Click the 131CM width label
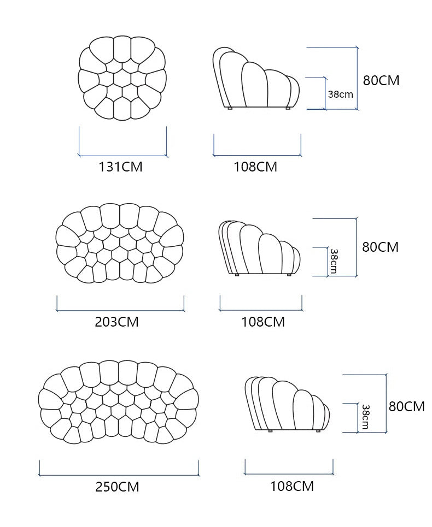point(120,167)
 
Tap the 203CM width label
point(116,322)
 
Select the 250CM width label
point(117,486)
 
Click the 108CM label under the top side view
point(255,167)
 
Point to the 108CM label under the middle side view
point(263,322)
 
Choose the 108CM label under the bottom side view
point(292,485)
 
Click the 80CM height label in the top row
point(381,80)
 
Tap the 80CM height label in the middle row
point(381,246)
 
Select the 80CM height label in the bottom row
point(407,406)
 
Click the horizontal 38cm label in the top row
point(340,94)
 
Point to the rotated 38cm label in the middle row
point(334,261)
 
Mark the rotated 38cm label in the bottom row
point(365,417)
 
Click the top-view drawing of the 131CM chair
point(122,78)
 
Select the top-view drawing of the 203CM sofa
point(120,243)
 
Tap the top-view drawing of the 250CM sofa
point(118,401)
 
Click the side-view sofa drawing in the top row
point(256,79)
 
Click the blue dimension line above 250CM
point(119,475)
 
